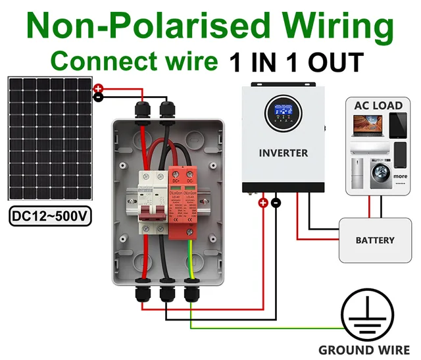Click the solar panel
point(50,139)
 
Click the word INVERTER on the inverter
point(283,153)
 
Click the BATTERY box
point(375,240)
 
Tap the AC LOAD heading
point(378,106)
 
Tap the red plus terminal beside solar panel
point(98,88)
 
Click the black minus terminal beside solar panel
point(98,97)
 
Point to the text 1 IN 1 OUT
point(296,63)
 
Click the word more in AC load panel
point(401,176)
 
